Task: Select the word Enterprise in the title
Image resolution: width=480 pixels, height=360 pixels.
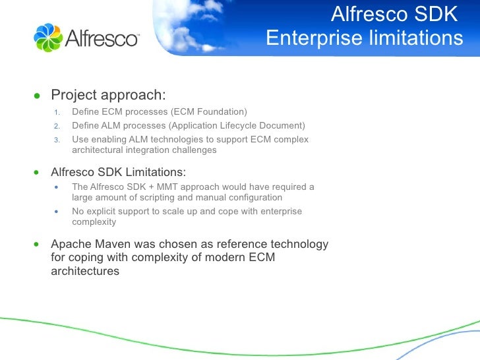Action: [x=309, y=39]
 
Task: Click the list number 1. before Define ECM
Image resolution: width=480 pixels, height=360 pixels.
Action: [x=57, y=111]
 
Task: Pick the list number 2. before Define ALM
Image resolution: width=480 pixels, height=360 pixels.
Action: [x=57, y=126]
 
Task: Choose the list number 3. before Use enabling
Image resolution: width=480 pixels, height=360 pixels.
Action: [x=57, y=140]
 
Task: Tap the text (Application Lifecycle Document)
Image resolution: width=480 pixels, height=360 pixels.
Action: [x=237, y=126]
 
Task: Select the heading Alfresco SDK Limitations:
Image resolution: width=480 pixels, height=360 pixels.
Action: [x=118, y=173]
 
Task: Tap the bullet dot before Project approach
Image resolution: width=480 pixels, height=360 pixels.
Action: [x=37, y=95]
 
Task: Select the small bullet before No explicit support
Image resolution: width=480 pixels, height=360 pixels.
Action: [x=57, y=212]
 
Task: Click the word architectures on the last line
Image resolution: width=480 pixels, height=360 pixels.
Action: [x=85, y=271]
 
